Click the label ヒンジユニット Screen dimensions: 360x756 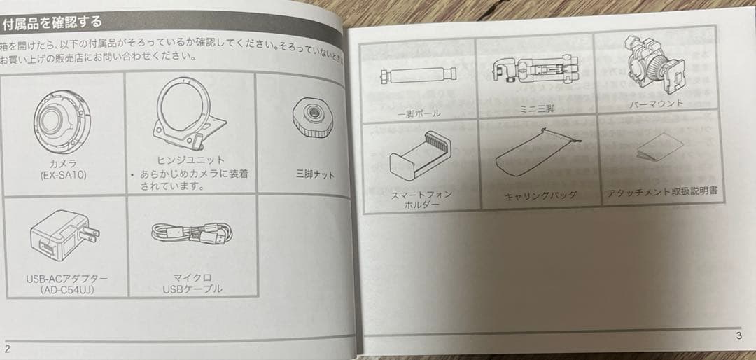191,160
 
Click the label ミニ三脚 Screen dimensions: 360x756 538,109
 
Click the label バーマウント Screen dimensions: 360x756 656,104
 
